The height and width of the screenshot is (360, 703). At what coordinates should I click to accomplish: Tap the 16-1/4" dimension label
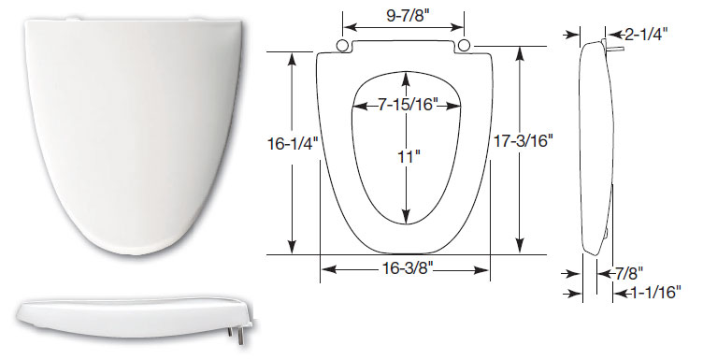pyautogui.click(x=293, y=144)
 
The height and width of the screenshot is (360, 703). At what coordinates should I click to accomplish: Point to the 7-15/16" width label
pyautogui.click(x=407, y=105)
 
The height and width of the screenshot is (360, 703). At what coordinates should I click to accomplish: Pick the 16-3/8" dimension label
pyautogui.click(x=407, y=268)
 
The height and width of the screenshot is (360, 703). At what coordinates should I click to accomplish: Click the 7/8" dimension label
pyautogui.click(x=628, y=272)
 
